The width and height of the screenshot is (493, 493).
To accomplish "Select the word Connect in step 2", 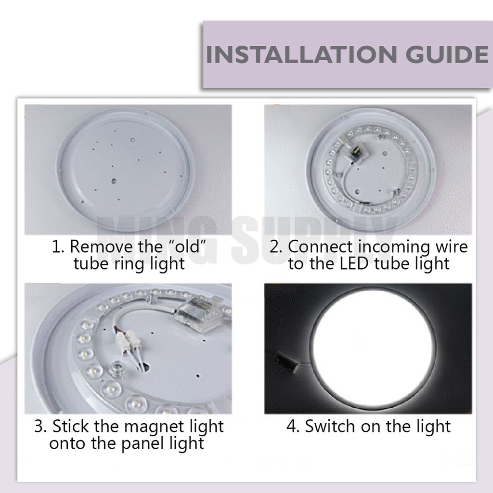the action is click(321, 246).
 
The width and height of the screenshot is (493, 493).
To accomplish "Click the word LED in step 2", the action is click(354, 263).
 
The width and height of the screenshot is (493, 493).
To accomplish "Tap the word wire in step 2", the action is click(452, 246).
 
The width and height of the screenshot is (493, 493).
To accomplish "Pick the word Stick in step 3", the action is click(71, 426).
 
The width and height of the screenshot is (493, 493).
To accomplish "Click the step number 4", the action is click(292, 427).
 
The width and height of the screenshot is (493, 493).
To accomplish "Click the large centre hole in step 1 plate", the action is click(114, 181).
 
